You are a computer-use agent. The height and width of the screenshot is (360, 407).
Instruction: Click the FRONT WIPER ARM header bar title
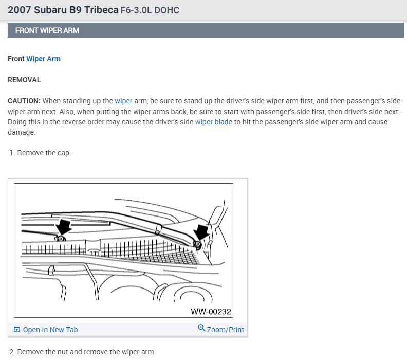click(47, 31)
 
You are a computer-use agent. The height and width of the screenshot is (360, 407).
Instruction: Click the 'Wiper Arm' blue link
click(43, 59)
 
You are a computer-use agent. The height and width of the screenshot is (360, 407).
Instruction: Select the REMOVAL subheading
click(24, 80)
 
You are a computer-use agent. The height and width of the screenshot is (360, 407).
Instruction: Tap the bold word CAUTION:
click(24, 101)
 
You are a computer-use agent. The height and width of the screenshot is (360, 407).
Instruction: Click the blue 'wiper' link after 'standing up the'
click(123, 101)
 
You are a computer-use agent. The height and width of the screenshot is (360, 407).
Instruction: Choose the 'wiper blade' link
click(214, 122)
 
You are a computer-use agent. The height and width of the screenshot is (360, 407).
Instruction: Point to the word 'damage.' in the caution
click(22, 132)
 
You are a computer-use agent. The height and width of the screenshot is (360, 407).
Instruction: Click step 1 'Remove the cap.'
click(40, 153)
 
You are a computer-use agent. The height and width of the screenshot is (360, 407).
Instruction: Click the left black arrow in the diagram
click(63, 227)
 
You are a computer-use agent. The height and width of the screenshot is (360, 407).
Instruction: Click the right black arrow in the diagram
click(202, 232)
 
